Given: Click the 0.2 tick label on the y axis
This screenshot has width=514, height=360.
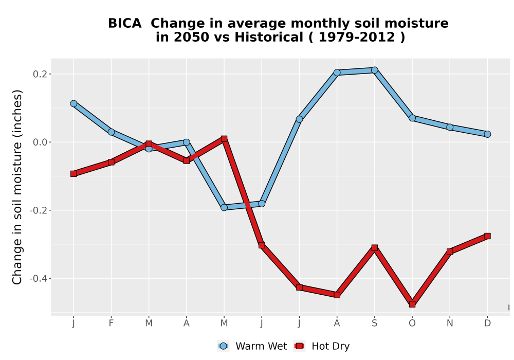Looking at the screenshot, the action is (40, 74).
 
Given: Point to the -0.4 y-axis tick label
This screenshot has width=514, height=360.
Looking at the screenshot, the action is (38, 279).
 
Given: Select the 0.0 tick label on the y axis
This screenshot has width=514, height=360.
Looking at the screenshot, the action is (40, 142).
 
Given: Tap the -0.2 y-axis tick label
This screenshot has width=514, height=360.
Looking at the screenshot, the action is (38, 210).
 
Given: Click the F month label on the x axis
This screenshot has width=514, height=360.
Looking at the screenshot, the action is (111, 323).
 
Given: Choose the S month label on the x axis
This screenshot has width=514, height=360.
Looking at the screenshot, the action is (374, 323).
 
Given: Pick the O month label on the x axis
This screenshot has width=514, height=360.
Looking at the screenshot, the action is (412, 323).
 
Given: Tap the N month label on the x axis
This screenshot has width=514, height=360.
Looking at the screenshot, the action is (450, 323).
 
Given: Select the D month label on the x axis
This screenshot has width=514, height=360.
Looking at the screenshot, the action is (487, 323).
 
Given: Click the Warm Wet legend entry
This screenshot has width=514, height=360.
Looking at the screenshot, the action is (252, 346).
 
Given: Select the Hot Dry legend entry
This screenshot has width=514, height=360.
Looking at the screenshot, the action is (322, 346).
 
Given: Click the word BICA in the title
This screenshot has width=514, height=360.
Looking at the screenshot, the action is (124, 24).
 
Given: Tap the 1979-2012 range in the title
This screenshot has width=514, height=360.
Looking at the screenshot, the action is (357, 38).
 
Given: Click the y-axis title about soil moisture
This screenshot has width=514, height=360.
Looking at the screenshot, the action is (17, 187).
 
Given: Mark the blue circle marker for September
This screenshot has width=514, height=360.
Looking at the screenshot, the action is (374, 70).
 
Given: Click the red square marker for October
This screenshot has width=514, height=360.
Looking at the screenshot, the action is (412, 304).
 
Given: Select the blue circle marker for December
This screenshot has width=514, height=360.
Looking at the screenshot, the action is (487, 134).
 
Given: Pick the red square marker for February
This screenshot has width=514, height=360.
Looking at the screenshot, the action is (111, 162).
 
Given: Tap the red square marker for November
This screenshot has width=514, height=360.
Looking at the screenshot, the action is (450, 251).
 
